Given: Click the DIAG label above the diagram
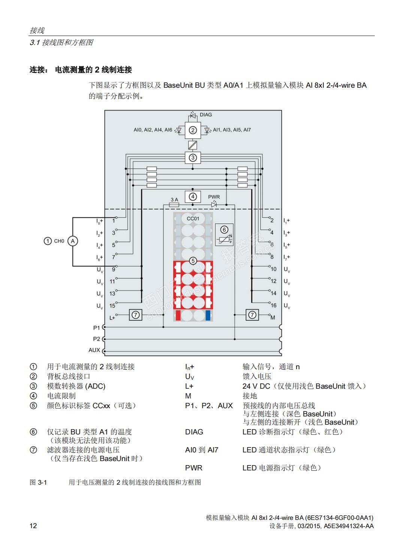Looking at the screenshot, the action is coord(206,115).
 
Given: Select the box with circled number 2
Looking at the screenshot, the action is coord(193,130).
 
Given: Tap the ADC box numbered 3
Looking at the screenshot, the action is coord(193,158).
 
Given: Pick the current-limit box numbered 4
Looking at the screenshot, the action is coord(193,196).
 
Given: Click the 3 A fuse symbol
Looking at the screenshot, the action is coord(174,205).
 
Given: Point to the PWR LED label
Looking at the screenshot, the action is coord(214,197).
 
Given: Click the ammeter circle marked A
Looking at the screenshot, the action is coord(73,241).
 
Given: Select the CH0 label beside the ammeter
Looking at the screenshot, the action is coord(59,241).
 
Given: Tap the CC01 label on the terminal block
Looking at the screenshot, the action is coord(193,219).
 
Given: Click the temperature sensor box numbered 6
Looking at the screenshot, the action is coord(224,235).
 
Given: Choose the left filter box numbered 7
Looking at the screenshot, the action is coord(136,315).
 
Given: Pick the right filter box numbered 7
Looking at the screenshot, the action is coord(252,315).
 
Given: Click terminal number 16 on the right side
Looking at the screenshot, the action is coord(274,305).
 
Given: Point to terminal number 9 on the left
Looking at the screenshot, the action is coord(114,270).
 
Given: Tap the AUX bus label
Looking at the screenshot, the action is coord(94,350).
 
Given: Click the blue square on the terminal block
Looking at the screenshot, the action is coord(208,316).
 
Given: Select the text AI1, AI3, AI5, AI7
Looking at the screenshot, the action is coord(232,130).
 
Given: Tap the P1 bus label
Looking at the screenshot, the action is coord(97,328).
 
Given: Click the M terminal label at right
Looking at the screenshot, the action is coord(273,317).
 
